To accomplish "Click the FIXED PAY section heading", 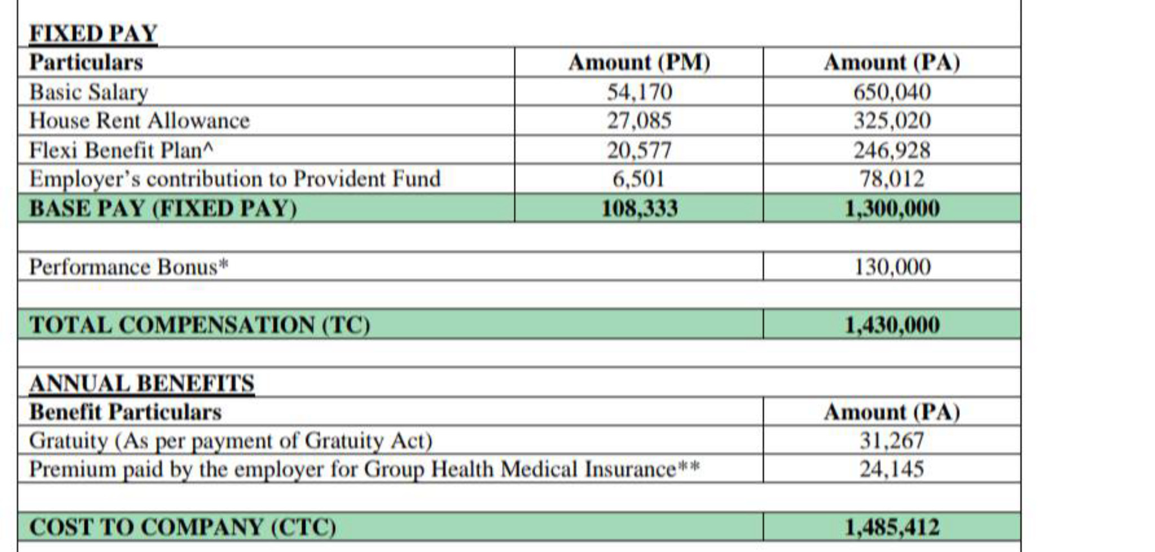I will (93, 33).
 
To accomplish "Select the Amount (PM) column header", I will (639, 62).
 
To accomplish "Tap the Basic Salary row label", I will (89, 92).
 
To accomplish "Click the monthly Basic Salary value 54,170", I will (640, 92).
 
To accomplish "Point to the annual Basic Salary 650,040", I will (892, 92).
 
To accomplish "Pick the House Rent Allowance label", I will (139, 121).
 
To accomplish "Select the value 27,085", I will (640, 121).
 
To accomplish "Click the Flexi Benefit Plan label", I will (121, 150).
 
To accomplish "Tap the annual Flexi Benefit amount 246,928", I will (892, 150).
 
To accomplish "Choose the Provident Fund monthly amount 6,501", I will (638, 179).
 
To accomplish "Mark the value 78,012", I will (892, 179).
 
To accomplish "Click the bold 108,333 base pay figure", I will (640, 209).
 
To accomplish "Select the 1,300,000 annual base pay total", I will (892, 209).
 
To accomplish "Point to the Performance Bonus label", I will (129, 267).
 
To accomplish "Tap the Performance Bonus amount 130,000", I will (892, 267).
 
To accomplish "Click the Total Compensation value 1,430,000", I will (892, 325).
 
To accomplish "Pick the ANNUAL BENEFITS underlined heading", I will (142, 384).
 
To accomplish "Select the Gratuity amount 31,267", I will (892, 440).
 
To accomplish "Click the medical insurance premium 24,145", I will (892, 469).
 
